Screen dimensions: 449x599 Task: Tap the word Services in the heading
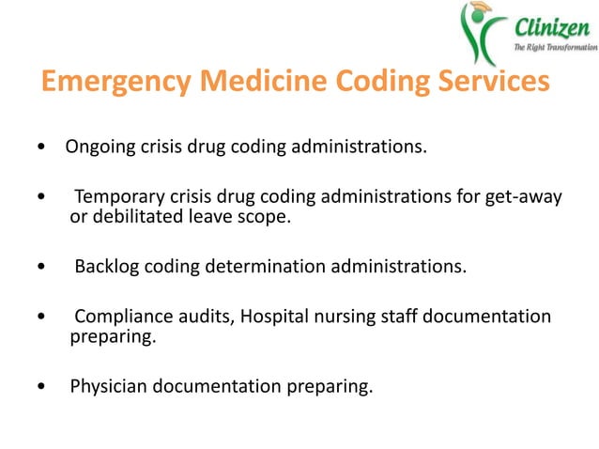coord(484,83)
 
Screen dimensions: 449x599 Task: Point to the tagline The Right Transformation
coord(551,47)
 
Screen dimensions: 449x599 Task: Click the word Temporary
coord(117,197)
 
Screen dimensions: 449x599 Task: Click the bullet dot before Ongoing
coord(39,149)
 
